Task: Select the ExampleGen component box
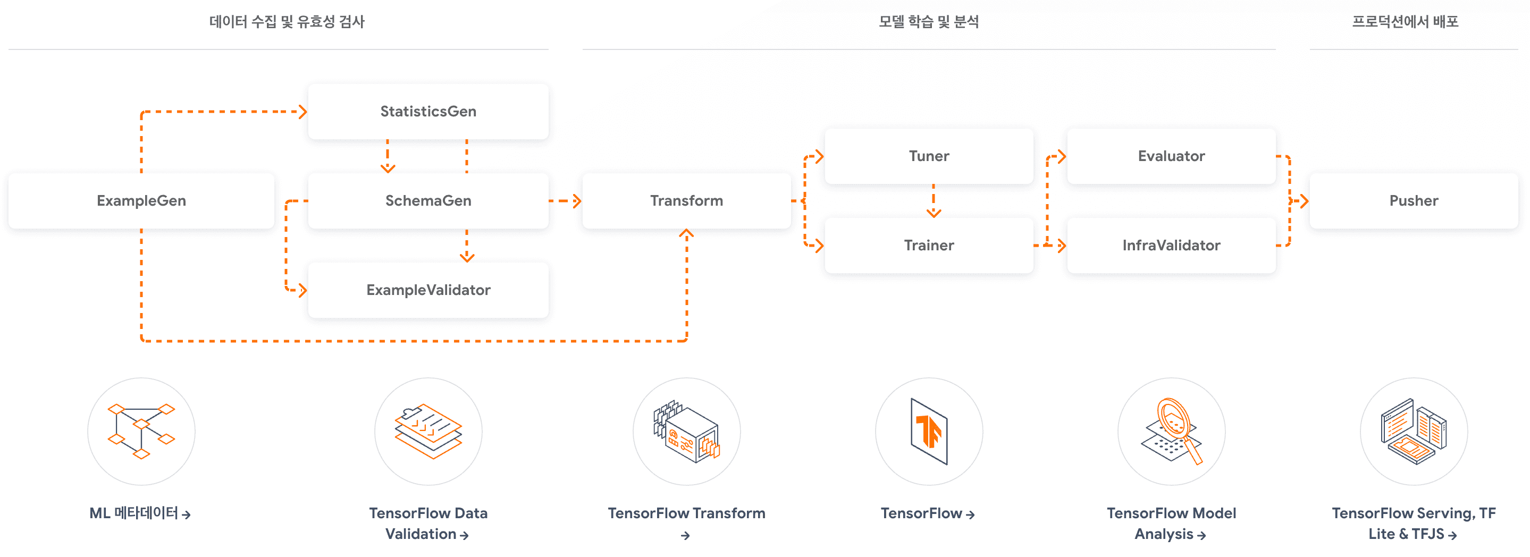coord(141,201)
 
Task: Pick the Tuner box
coord(928,156)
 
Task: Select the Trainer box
coord(928,245)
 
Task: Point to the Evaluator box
coord(1171,156)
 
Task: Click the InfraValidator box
coord(1171,245)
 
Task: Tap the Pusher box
coord(1413,201)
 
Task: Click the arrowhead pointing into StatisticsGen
coord(303,112)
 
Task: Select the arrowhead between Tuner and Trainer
coord(933,213)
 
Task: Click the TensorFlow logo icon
coord(928,431)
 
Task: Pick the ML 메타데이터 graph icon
coord(141,431)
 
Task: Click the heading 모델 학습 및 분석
coord(928,22)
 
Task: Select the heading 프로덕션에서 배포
coord(1405,22)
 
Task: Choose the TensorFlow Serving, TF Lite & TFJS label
coord(1413,523)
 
